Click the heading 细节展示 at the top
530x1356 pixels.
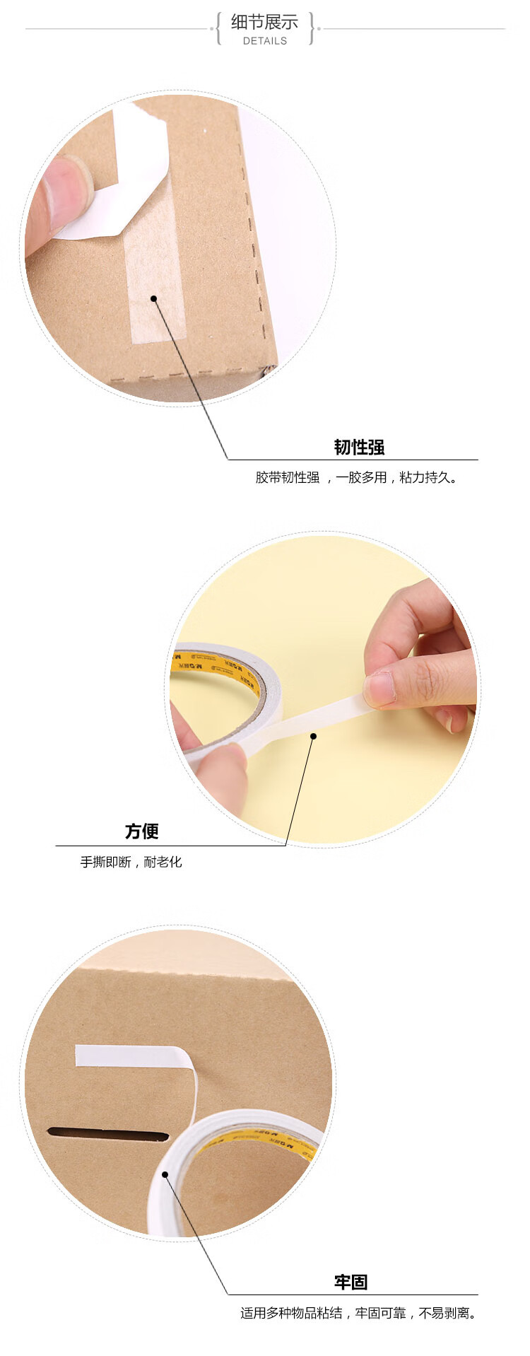coord(264,22)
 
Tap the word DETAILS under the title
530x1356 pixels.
coord(265,41)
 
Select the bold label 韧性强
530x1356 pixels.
coord(359,447)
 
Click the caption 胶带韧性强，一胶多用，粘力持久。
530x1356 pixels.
coord(357,478)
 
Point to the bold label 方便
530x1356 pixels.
coord(141,831)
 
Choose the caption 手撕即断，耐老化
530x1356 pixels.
coord(131,862)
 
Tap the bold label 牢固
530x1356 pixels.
coord(351,1282)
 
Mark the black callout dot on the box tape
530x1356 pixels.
coord(153,299)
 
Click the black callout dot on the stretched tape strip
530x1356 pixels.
coord(313,736)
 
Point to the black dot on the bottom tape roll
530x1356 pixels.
coord(165,1174)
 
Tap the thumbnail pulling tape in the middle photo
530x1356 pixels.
coord(379,688)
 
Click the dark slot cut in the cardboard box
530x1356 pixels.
coord(108,1135)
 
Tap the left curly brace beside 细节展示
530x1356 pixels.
coord(218,29)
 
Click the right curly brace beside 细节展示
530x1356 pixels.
coord(312,29)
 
